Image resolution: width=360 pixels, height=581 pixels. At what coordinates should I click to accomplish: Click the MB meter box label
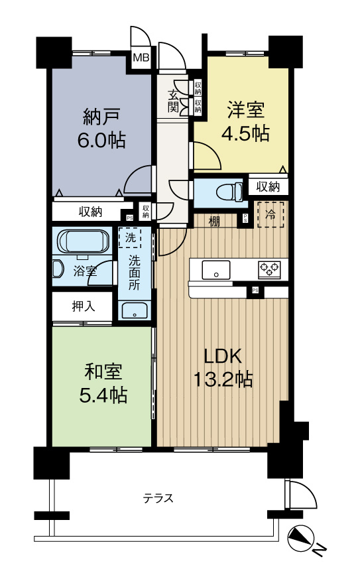coord(142,58)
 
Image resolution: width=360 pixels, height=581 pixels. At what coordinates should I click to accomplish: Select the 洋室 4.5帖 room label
coord(249,121)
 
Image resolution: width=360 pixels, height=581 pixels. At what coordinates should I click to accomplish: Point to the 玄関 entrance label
coord(174,99)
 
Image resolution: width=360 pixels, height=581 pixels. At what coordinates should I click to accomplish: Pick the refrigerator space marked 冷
coord(270,214)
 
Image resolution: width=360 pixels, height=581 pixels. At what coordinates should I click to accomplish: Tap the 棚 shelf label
coord(213,221)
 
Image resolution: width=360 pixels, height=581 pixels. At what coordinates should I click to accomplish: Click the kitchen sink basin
coord(216,269)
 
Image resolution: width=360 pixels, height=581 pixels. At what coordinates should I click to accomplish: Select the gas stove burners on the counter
coord(269,269)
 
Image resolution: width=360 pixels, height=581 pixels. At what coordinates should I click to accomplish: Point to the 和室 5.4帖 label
coord(102,383)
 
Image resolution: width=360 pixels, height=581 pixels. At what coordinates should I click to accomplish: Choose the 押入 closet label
coord(84,307)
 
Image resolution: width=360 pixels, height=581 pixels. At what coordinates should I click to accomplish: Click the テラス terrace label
coord(159,498)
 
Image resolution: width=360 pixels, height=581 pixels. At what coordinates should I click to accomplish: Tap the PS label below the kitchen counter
coord(255,290)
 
